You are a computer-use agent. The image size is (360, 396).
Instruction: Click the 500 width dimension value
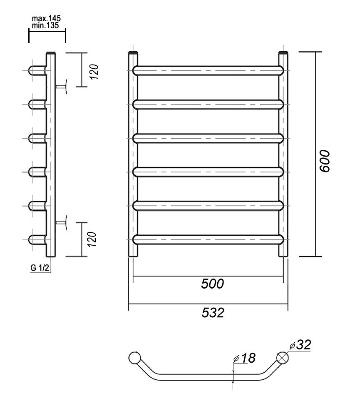(212, 284)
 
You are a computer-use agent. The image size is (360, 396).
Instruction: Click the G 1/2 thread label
(40, 268)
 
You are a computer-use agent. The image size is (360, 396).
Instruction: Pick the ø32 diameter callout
(301, 345)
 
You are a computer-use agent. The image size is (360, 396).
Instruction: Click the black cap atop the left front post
(133, 53)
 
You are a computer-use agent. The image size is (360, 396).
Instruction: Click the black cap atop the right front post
(283, 53)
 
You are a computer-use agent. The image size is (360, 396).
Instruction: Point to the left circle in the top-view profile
(135, 358)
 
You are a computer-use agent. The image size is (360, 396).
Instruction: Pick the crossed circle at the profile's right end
(283, 358)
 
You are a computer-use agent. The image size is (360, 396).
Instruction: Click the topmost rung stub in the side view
(37, 70)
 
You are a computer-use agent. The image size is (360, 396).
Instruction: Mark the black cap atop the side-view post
(51, 53)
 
